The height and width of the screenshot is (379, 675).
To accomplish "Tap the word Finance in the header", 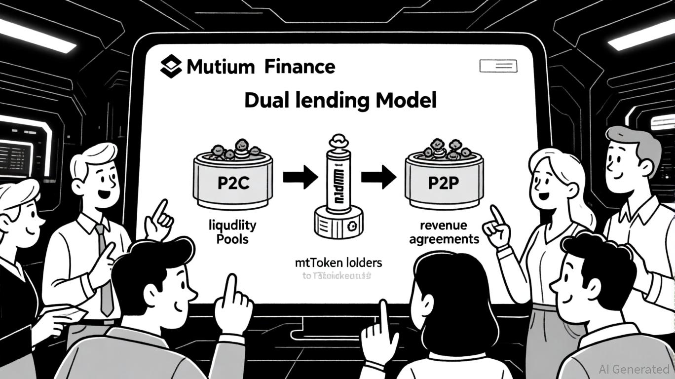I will (x=300, y=66).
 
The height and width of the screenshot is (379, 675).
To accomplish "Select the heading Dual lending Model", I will (x=340, y=101).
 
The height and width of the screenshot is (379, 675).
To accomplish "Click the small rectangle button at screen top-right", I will (x=498, y=66).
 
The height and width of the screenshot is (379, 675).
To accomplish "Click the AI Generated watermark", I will (x=634, y=369).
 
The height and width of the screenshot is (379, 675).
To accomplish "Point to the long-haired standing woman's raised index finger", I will (x=495, y=213).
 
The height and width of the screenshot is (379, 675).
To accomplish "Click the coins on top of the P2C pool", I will (x=235, y=149).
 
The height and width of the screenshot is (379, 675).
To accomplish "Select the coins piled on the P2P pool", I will (x=443, y=149).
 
